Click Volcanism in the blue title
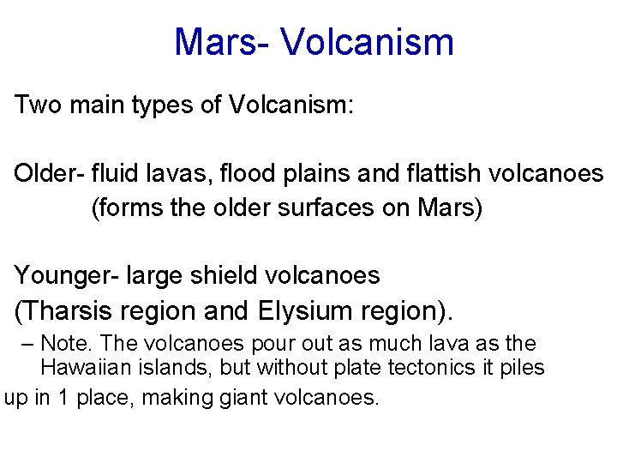click(x=367, y=41)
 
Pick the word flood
click(x=249, y=174)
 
